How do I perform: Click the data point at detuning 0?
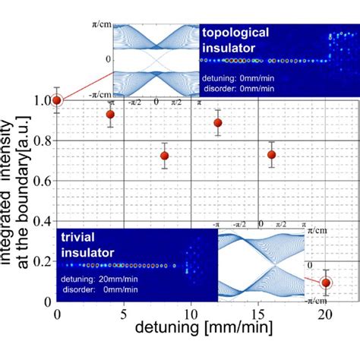(57, 100)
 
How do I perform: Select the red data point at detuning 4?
(111, 115)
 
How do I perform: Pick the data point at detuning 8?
(165, 156)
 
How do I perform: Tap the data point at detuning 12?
(218, 122)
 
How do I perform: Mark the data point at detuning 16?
(272, 155)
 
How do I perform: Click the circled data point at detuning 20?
(326, 283)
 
